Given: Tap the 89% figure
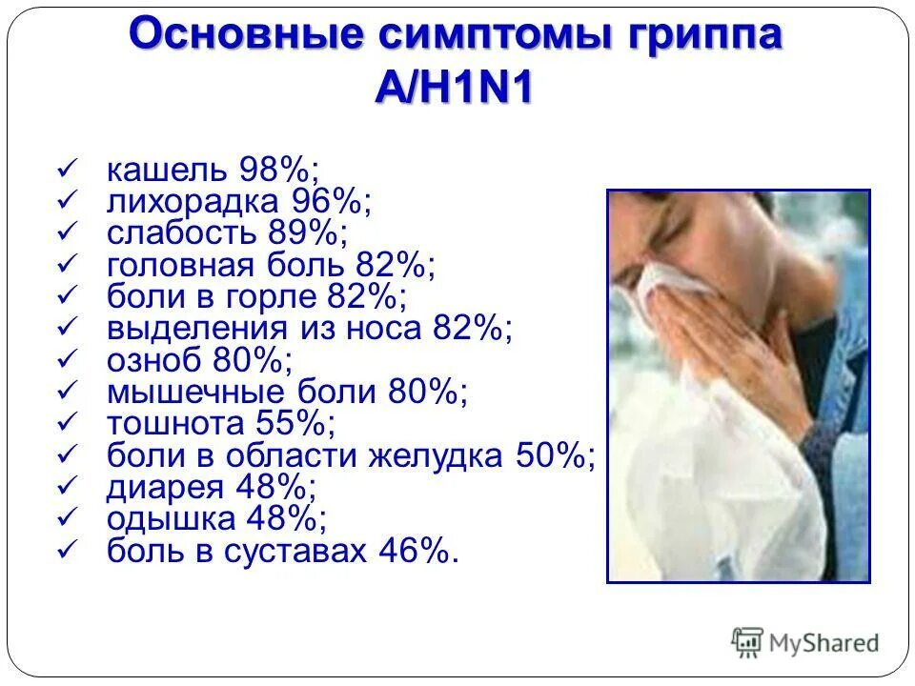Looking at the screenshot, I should (x=308, y=234).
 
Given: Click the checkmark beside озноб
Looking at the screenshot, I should (x=67, y=359).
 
